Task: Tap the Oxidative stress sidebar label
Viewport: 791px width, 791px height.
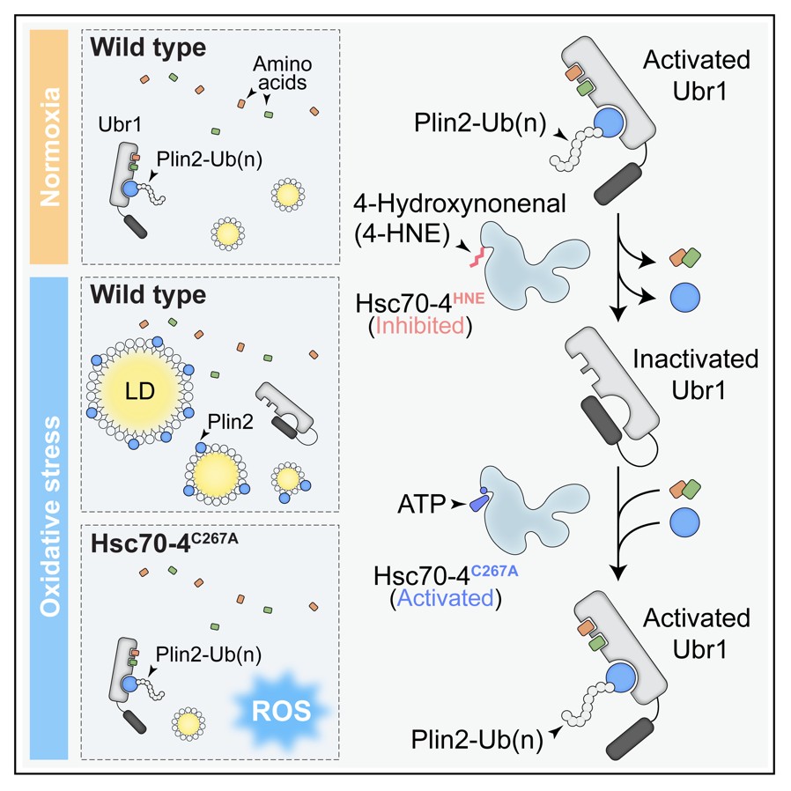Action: tap(49, 518)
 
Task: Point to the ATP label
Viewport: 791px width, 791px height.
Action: tap(419, 505)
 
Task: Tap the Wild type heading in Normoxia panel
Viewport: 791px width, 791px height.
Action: tap(147, 47)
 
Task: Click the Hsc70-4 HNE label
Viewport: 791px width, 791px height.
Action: tap(421, 301)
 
